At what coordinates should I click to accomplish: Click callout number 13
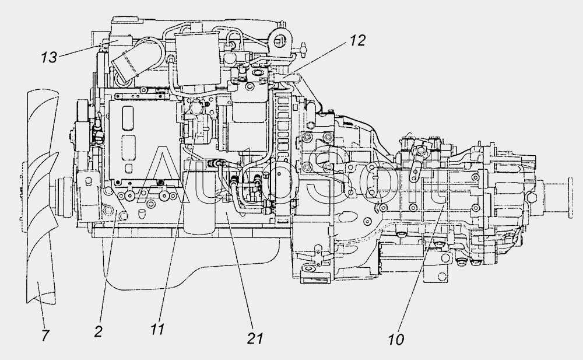(x=49, y=57)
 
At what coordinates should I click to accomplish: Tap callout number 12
(x=357, y=41)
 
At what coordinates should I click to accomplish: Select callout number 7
(x=45, y=335)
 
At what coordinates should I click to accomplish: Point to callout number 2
(x=98, y=331)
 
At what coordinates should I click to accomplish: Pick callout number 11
(x=157, y=329)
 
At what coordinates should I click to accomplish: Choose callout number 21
(x=255, y=338)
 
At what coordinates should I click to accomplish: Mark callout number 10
(x=396, y=339)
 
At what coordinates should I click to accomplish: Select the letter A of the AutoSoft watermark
(x=164, y=174)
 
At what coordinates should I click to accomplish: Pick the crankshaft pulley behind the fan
(x=64, y=198)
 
